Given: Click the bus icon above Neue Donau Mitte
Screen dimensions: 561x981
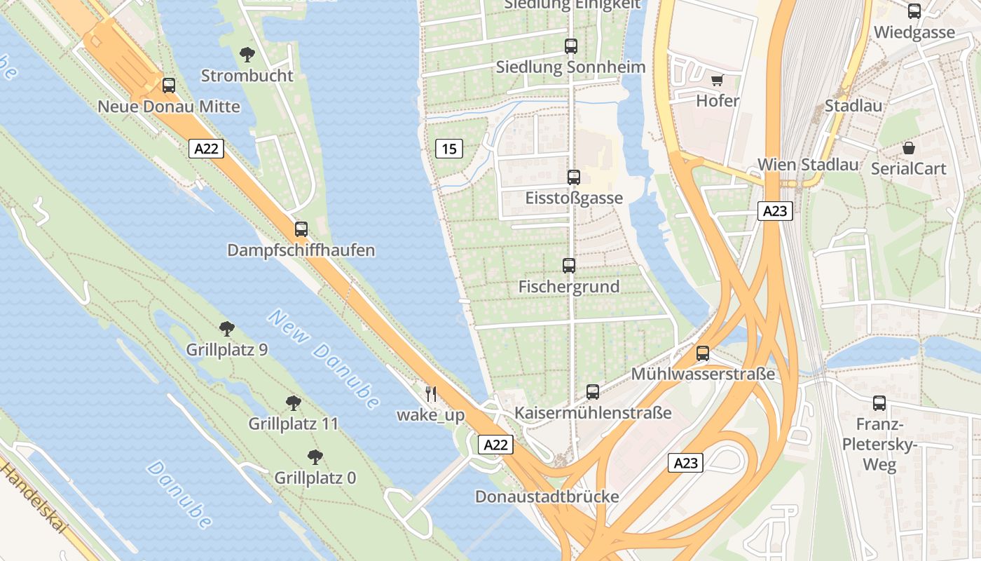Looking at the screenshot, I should (169, 86).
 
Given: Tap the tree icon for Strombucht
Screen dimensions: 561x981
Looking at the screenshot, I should (247, 54).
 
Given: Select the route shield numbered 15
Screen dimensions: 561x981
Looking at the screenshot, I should (448, 149).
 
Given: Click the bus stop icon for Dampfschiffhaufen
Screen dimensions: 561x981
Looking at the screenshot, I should (301, 229).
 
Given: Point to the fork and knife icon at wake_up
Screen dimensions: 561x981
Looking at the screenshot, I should (431, 394).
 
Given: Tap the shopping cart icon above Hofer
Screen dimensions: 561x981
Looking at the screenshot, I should (717, 80).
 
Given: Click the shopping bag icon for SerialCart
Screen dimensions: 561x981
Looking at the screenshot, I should (909, 148).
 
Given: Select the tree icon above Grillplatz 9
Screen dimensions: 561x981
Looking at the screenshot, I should (226, 328).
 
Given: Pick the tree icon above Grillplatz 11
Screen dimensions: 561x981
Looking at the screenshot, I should (294, 403).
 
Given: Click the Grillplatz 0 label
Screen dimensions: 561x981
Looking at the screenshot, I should (315, 478).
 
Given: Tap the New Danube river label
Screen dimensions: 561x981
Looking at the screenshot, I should (323, 360).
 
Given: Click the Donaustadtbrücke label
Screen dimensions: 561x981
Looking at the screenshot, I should (547, 496).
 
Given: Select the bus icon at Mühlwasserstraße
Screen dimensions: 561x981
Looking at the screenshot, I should (703, 353).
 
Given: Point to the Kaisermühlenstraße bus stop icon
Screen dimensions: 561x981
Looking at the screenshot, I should (593, 392).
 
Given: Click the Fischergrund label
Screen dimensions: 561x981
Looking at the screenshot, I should (568, 287).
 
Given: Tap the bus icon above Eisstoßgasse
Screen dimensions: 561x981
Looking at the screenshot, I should (574, 177).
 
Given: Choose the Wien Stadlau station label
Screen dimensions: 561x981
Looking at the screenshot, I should (807, 165).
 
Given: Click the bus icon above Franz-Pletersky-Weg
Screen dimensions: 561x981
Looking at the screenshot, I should (879, 403).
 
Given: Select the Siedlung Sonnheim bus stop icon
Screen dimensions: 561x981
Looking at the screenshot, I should (571, 46).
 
